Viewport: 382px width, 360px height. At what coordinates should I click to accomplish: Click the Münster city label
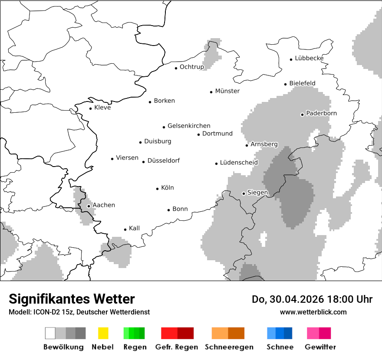click(227, 91)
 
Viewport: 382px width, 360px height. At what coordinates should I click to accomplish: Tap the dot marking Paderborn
click(303, 115)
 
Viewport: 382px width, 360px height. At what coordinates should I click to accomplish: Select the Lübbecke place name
click(309, 58)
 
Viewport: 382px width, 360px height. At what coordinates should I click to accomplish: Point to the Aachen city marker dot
click(89, 206)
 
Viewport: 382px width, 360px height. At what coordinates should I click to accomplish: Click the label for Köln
click(168, 188)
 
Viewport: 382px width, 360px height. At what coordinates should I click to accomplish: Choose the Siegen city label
click(257, 193)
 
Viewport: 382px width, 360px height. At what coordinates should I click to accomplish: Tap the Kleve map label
click(102, 108)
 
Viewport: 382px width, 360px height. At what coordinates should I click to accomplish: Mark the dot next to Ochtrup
click(176, 68)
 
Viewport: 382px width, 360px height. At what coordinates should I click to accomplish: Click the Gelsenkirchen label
click(189, 126)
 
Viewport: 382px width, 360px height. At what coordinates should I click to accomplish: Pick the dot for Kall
click(125, 229)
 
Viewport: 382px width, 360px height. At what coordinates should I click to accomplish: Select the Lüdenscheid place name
click(239, 163)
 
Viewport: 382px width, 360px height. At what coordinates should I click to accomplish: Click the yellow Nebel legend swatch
click(103, 333)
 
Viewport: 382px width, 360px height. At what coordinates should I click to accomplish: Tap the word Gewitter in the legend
click(320, 347)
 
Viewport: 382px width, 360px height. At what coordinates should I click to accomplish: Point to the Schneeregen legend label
click(229, 347)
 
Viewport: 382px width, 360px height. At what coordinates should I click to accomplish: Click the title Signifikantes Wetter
click(72, 299)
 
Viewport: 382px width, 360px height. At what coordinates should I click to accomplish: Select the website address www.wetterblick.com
click(313, 312)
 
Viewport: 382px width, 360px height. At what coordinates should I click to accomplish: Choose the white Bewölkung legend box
click(50, 333)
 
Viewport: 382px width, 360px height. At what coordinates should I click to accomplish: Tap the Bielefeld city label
click(302, 83)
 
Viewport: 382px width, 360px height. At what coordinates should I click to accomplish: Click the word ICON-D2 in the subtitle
click(44, 312)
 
